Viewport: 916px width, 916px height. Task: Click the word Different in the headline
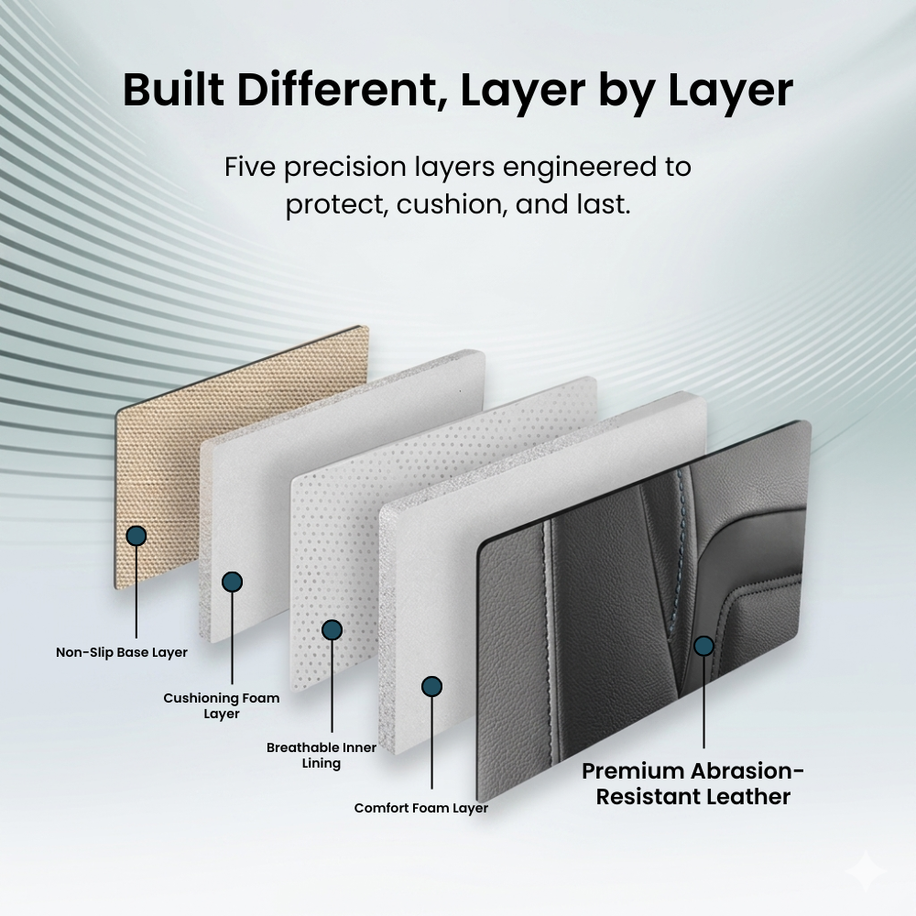(x=343, y=90)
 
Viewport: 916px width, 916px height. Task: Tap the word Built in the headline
(x=173, y=90)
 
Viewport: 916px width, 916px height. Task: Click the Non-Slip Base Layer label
(x=122, y=652)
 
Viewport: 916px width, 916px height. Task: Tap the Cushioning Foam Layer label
(x=222, y=705)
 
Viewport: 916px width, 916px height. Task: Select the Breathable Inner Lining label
(x=322, y=756)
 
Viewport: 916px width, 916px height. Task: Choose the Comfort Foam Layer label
(x=420, y=808)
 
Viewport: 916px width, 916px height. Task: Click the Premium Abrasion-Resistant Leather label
(x=692, y=784)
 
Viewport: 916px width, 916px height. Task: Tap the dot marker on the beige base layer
(x=136, y=536)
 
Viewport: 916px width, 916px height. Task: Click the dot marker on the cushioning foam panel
(x=232, y=582)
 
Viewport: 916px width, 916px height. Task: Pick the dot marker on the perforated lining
(x=332, y=630)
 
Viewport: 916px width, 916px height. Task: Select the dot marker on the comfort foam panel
(x=431, y=686)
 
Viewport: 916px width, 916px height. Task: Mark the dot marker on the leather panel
(x=703, y=646)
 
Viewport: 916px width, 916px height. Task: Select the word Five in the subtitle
(x=250, y=167)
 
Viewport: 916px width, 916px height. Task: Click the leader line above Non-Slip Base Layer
(x=136, y=593)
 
